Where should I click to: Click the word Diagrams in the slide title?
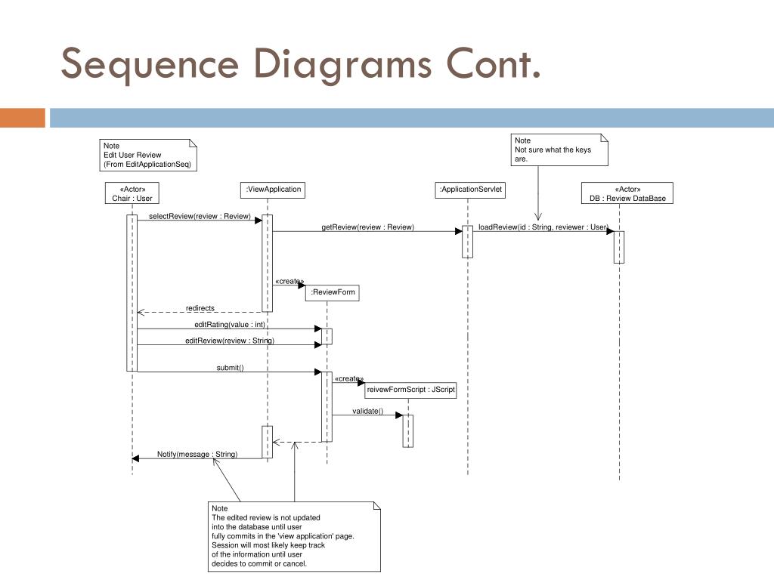coord(342,65)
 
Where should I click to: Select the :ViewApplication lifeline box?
coord(272,190)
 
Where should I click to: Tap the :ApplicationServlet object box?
coord(470,190)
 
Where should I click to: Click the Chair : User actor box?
coord(132,193)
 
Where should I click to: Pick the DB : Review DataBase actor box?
coord(627,193)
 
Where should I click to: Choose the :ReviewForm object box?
coord(333,292)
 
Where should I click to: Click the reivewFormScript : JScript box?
coord(410,390)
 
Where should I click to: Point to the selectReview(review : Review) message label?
coord(200,217)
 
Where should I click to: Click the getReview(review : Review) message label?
coord(368,227)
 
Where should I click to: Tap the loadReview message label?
coord(543,227)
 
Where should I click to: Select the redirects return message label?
coord(200,308)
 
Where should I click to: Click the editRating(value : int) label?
coord(230,325)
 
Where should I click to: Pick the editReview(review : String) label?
coord(230,341)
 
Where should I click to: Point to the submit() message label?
coord(230,368)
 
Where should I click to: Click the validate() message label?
coord(368,412)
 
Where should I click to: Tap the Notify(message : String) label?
coord(197,454)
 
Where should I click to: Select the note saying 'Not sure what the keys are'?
coord(559,150)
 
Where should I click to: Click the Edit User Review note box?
coord(148,156)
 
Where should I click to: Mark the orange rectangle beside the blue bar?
coord(22,118)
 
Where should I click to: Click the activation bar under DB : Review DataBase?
coord(619,247)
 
